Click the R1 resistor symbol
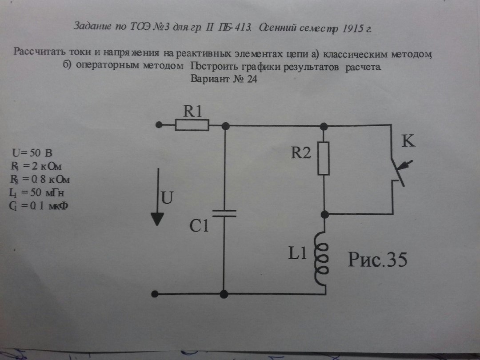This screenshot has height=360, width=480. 192,126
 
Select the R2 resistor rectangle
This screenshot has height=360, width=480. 324,158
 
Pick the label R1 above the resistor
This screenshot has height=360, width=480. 193,111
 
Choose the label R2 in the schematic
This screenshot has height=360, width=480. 301,153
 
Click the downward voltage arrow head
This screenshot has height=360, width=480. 157,219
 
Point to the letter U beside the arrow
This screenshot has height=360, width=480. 167,198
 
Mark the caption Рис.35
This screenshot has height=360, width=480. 377,260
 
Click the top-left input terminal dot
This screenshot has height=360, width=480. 158,126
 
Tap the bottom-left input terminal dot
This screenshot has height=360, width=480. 155,294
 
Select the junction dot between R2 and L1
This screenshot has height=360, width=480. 324,214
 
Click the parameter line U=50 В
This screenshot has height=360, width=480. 32,154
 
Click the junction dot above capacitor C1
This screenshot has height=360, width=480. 225,126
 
